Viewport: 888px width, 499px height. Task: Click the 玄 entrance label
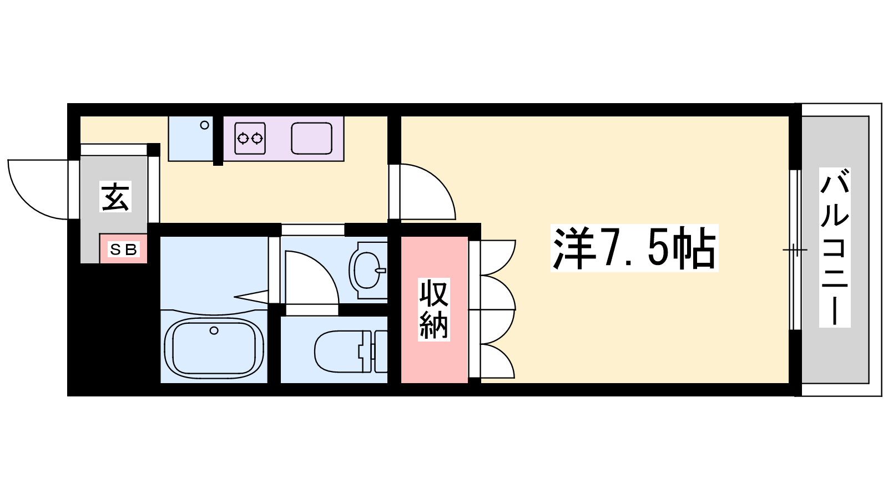coord(115,197)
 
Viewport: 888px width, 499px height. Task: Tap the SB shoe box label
coord(123,249)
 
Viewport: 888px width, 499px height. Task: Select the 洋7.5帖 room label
coord(634,248)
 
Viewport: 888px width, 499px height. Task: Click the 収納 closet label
coord(433,309)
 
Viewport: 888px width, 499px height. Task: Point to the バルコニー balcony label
coord(835,247)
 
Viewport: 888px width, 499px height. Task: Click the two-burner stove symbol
coord(250,138)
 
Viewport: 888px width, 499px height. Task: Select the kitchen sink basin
coord(311,138)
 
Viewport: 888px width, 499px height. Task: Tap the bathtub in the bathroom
coord(214,347)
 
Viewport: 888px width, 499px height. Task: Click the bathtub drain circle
coord(214,330)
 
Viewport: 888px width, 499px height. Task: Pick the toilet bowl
coord(339,351)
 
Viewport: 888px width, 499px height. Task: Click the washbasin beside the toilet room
coord(367,271)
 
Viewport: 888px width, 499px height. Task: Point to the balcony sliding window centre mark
coord(795,250)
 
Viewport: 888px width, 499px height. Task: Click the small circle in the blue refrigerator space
coord(205,125)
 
